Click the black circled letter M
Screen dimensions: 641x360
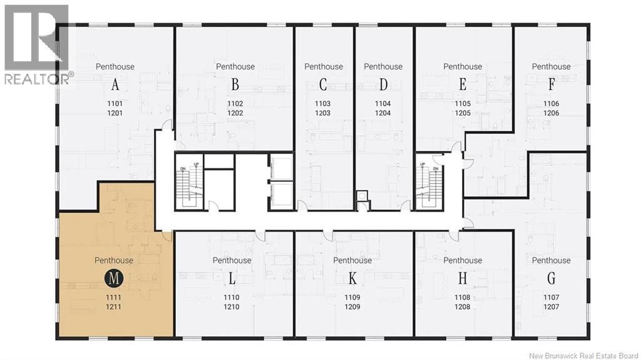point(114,279)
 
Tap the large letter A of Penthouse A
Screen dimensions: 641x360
point(115,85)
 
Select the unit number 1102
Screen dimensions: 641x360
point(235,104)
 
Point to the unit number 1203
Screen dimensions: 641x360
point(322,113)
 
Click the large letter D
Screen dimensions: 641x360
point(383,85)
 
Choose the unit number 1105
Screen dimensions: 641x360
point(463,104)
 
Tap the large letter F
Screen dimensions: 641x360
point(551,85)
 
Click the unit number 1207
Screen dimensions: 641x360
point(551,307)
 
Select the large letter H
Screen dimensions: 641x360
point(463,279)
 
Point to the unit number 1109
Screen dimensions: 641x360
point(352,298)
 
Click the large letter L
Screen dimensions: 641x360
point(232,279)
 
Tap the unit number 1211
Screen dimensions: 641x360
point(114,307)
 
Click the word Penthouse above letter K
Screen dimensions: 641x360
point(352,260)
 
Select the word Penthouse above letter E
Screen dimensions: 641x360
point(463,66)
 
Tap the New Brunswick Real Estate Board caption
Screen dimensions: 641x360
point(583,356)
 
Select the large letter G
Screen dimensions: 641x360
point(551,279)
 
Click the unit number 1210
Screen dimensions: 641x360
point(232,307)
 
